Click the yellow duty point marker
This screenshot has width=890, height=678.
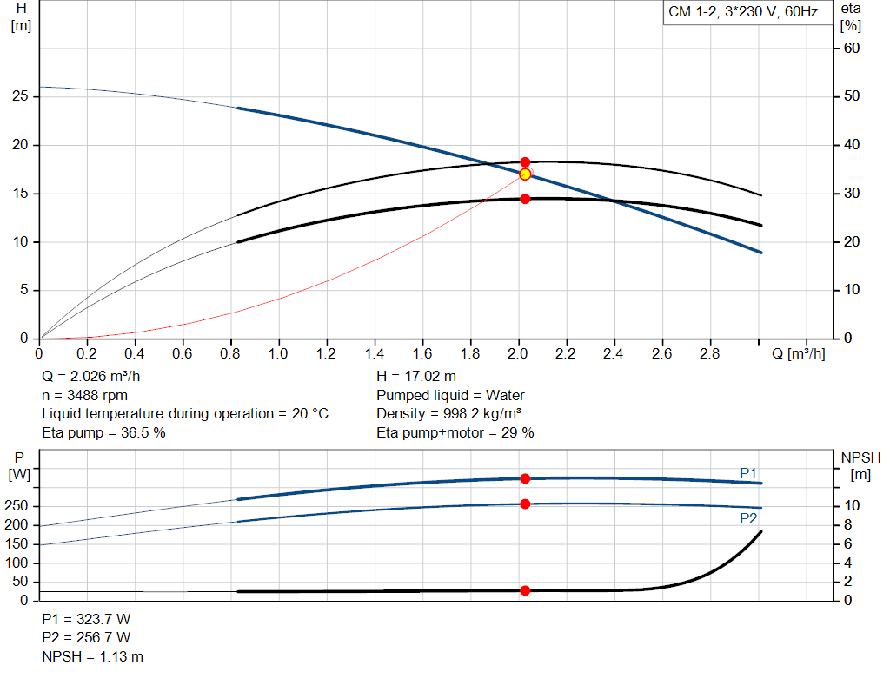525,174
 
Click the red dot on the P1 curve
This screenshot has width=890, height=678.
525,478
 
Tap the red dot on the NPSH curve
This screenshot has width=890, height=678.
525,590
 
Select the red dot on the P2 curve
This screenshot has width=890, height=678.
525,504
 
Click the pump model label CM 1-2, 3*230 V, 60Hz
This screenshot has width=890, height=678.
743,13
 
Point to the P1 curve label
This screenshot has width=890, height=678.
748,472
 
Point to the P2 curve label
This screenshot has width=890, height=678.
748,518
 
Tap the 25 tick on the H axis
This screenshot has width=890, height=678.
21,96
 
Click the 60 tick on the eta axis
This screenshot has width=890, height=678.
852,49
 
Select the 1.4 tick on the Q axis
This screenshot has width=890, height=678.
375,354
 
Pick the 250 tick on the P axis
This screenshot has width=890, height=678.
20,506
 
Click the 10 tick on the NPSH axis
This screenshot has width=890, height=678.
852,506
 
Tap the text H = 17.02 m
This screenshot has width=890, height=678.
416,377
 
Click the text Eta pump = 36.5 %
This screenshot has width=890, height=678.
103,432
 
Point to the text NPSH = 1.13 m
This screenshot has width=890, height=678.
93,656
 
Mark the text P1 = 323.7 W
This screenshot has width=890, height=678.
86,619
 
